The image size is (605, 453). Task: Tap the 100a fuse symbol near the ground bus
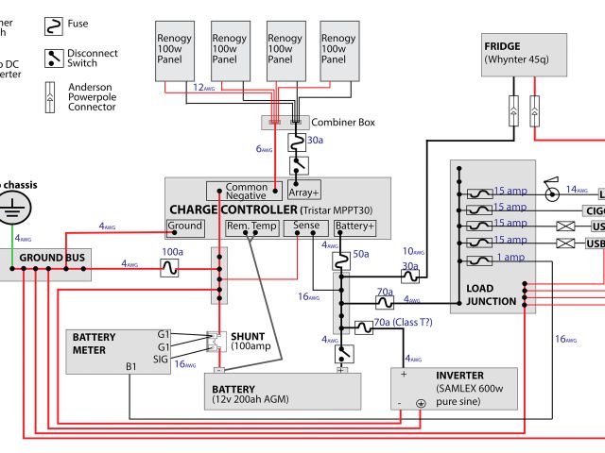coord(170,269)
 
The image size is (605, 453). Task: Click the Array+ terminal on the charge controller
coord(304,193)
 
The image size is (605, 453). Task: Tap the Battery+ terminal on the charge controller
coord(354,226)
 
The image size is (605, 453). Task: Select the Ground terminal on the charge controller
coord(184,226)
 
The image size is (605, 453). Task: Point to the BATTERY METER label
coord(95,343)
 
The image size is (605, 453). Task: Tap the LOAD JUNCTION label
coord(493,294)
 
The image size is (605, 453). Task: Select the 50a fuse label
coord(360,255)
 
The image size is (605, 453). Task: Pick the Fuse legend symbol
coord(54,23)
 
